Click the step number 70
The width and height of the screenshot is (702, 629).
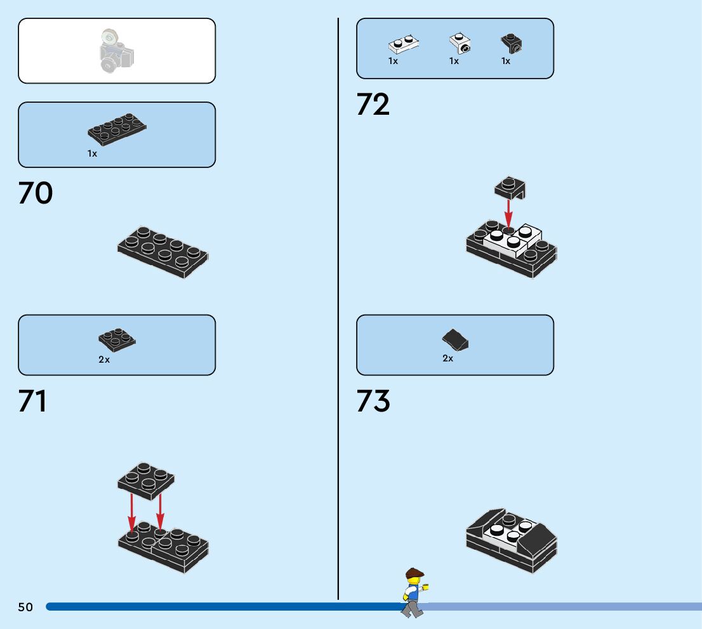click(36, 193)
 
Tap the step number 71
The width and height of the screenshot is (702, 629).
click(32, 401)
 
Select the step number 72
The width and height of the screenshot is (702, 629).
click(373, 104)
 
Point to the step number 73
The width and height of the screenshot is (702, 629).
click(373, 401)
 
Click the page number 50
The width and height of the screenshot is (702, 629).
click(25, 607)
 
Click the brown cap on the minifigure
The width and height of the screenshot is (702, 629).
click(414, 573)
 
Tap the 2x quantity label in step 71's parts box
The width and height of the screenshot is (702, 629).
click(104, 360)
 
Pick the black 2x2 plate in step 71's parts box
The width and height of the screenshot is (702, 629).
click(117, 339)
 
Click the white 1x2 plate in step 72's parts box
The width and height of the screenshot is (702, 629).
click(404, 45)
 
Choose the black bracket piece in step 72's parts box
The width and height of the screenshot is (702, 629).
click(511, 43)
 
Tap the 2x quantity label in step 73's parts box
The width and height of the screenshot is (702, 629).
click(448, 358)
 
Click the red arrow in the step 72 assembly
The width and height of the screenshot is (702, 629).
click(508, 212)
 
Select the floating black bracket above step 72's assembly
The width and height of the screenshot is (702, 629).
click(510, 188)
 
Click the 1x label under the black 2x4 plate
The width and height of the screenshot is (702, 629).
click(93, 153)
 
